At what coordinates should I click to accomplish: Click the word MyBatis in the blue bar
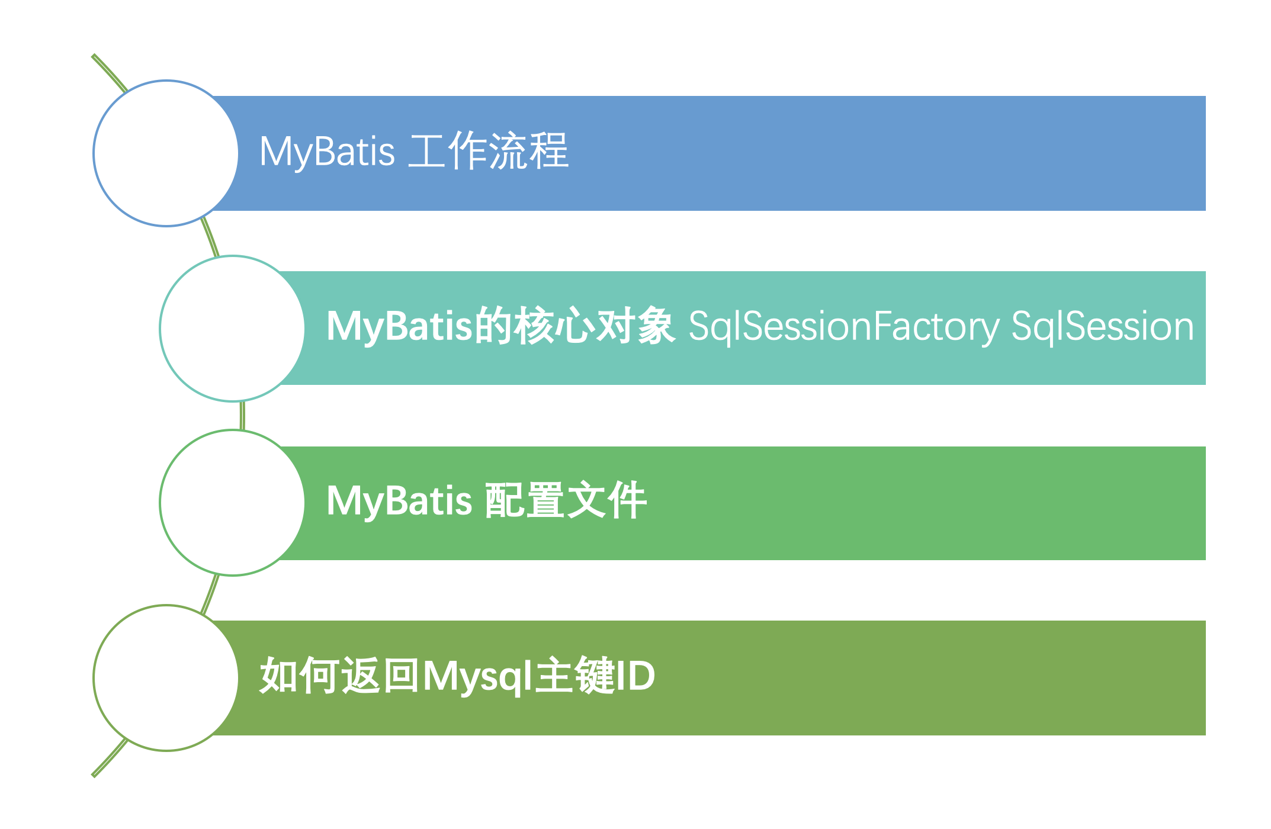pos(327,152)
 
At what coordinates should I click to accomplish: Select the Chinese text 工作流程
pos(488,151)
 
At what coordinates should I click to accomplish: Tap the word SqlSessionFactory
pos(844,326)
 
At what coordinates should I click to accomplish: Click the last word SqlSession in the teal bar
pos(1103,326)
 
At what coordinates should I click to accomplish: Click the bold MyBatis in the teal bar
pos(400,326)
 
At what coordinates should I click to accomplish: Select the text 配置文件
pos(566,500)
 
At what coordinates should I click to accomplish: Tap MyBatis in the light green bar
pos(400,501)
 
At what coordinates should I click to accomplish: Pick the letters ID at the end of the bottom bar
pos(635,676)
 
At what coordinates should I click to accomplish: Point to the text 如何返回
pos(341,675)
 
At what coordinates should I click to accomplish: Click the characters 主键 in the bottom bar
pos(574,675)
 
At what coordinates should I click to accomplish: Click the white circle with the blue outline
pos(166,153)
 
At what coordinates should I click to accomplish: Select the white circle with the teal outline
pos(232,329)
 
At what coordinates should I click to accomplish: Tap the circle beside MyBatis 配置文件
pos(232,503)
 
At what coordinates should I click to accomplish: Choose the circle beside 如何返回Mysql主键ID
pos(166,678)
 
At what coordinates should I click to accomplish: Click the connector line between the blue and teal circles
pos(210,237)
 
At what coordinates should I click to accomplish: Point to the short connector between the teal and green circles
pos(242,416)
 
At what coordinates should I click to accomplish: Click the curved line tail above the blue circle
pos(110,73)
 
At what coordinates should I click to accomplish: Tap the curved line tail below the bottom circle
pos(110,757)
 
